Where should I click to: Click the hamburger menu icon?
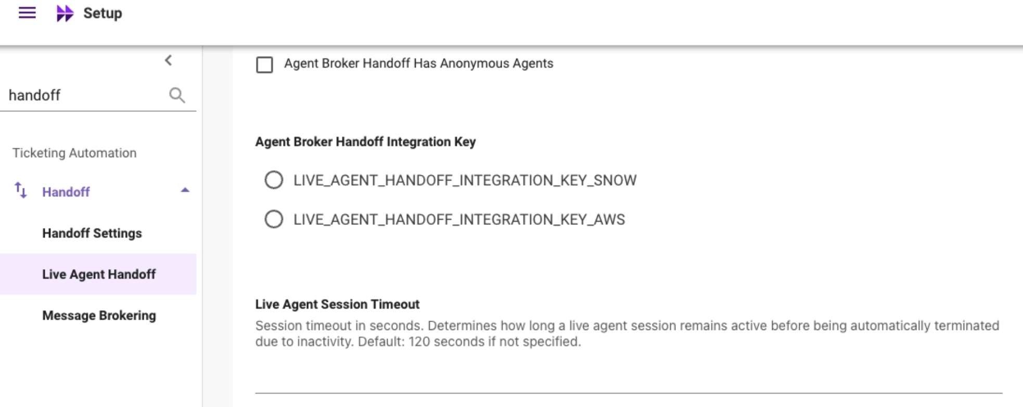(x=27, y=12)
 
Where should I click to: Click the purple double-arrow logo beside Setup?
(x=65, y=13)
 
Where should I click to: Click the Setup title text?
(x=103, y=13)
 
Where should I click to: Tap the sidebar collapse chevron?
(x=168, y=60)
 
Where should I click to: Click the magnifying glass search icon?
(x=177, y=95)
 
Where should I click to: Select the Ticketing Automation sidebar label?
(x=74, y=153)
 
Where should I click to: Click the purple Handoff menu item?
(x=66, y=192)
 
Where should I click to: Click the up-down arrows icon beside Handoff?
(x=20, y=190)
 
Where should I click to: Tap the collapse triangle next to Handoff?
(x=185, y=190)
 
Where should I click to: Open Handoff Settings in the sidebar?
(x=92, y=233)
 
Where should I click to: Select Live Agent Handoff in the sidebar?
(x=99, y=274)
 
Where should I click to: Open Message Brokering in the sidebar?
(x=99, y=315)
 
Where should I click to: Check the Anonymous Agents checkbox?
(x=264, y=65)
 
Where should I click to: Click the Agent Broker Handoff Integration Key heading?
(x=365, y=142)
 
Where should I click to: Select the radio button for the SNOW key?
(x=274, y=180)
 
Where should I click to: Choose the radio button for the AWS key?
(x=274, y=219)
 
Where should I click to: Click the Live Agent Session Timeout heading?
(x=337, y=304)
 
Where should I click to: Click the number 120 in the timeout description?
(x=419, y=342)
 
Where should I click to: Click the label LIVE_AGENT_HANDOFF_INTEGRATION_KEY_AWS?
(x=459, y=220)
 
